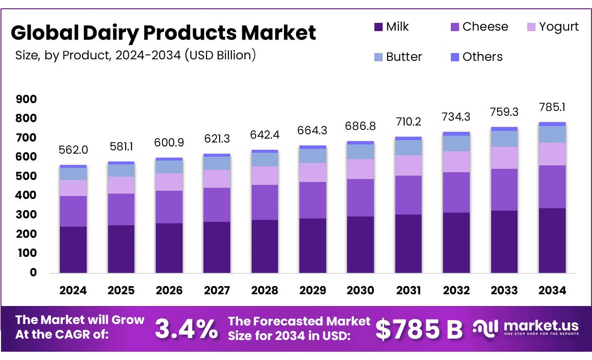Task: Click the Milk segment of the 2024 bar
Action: coord(73,249)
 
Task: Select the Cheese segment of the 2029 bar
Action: coord(313,200)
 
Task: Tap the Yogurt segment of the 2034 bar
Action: coord(552,154)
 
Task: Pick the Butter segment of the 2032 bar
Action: coord(456,144)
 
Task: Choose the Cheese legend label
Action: coord(485,27)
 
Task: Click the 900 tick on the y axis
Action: coord(26,99)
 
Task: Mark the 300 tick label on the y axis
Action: coord(26,215)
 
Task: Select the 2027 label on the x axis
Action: coord(217,290)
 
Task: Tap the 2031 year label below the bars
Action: coord(408,290)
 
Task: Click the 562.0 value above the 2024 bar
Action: coord(73,150)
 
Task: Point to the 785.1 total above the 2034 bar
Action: coord(552,107)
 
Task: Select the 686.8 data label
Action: coord(360,126)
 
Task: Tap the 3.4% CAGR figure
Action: coord(186,329)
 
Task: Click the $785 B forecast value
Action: coord(419,329)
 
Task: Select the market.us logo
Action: coord(526,327)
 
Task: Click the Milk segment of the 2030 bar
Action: coord(360,244)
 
